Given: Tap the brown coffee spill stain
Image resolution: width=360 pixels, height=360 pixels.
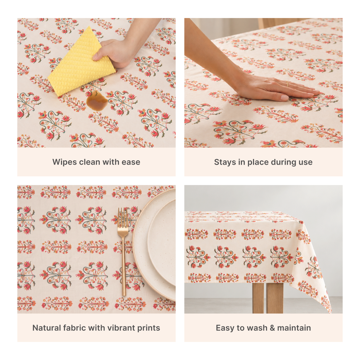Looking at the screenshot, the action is coord(97,101).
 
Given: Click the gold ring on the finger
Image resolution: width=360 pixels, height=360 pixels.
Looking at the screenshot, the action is coord(287,84).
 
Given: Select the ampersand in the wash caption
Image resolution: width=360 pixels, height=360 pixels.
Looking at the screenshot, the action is coord(272,328).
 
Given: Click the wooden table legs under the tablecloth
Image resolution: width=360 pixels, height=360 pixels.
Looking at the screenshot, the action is coord(268,298).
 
